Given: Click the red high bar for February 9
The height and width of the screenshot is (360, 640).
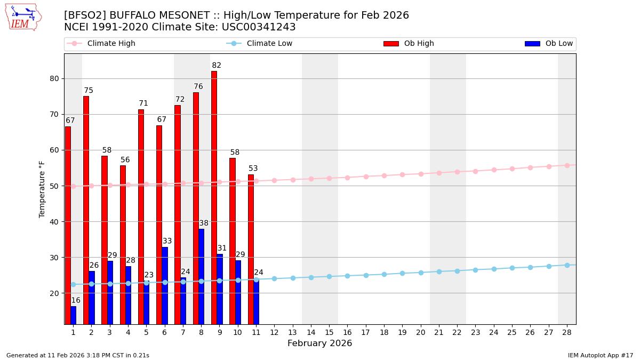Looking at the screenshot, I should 214,197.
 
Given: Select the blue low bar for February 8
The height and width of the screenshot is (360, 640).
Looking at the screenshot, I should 201,276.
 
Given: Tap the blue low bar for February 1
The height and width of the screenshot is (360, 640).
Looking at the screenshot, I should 73,315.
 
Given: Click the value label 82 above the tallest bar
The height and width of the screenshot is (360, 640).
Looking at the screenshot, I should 217,66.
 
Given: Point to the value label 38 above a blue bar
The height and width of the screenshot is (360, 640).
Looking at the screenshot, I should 204,223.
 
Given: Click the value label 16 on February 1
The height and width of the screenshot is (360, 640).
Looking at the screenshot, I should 76,300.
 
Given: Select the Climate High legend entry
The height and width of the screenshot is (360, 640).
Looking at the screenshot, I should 111,44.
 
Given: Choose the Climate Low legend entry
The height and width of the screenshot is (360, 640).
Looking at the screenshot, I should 269,44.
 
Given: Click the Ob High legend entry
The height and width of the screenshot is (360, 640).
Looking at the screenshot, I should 419,44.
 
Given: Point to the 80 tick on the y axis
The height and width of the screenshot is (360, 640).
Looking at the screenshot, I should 54,78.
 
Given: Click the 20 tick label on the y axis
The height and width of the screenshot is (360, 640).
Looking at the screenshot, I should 54,293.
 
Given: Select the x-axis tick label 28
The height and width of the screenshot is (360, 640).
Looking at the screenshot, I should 567,332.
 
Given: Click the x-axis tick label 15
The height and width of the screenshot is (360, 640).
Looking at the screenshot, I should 329,332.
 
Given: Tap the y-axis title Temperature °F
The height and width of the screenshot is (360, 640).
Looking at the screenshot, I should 42,189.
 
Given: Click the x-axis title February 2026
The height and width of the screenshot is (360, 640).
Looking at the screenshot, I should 319,343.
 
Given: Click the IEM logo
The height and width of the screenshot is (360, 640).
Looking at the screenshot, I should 23,17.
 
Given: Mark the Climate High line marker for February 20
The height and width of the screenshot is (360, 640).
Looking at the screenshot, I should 421,174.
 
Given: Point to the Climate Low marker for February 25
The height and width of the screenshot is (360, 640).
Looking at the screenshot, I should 512,268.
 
